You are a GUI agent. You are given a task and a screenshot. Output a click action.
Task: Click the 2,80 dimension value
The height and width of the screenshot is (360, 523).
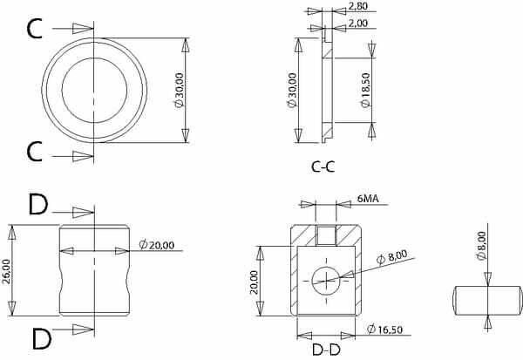[358, 6]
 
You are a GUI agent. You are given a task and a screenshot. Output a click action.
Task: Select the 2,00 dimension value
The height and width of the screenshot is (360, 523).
[358, 23]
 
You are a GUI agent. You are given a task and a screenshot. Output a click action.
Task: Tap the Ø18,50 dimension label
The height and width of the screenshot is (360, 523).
[365, 90]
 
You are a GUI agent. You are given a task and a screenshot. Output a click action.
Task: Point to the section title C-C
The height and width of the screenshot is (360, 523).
[323, 166]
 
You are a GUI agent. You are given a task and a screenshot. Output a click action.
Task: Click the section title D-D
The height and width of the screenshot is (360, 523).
[326, 350]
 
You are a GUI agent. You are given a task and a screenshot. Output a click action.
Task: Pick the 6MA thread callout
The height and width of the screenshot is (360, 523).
[368, 199]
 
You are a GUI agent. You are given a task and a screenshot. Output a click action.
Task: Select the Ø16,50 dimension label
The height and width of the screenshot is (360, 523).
[384, 329]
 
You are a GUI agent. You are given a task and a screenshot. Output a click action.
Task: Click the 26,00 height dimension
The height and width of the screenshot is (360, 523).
[6, 271]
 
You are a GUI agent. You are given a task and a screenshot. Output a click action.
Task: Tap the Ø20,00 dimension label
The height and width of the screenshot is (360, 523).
[156, 245]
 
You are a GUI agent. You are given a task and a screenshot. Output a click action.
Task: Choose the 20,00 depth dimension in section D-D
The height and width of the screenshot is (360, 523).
[255, 282]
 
